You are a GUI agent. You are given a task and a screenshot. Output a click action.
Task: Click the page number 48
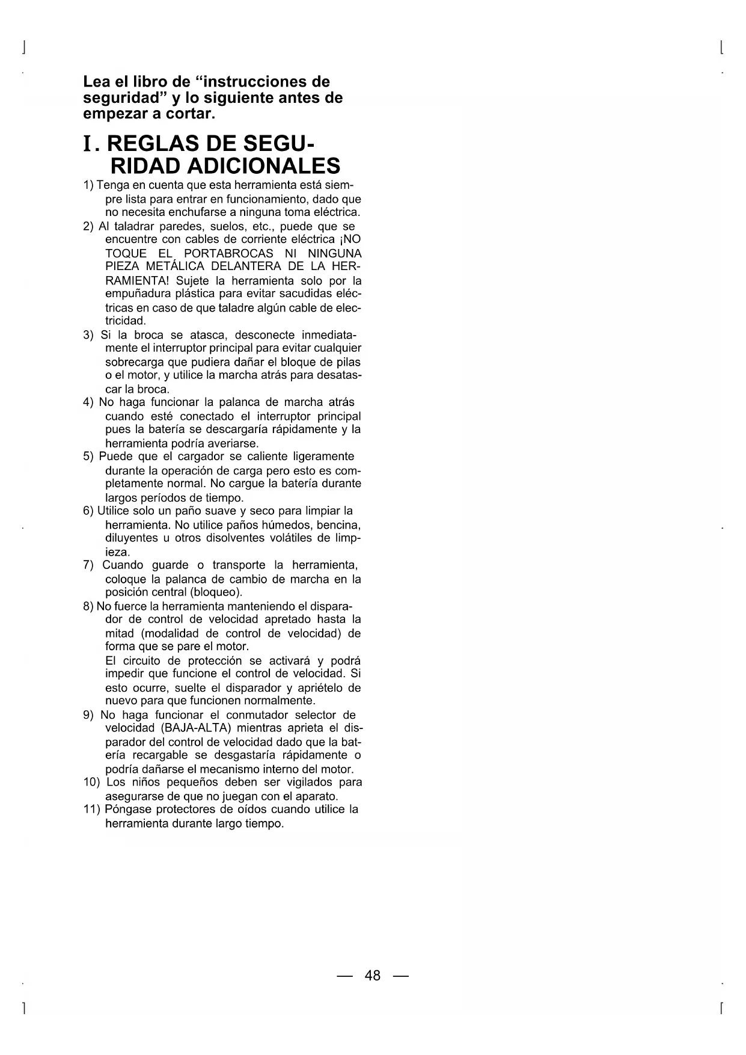click(373, 975)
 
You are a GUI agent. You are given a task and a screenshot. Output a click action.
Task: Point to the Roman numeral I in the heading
click(88, 145)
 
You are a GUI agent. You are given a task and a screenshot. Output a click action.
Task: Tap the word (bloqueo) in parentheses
click(208, 592)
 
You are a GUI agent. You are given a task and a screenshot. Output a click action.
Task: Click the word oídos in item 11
click(258, 810)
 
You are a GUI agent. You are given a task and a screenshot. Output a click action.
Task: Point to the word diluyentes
click(130, 538)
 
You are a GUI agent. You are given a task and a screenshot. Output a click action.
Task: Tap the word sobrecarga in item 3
click(135, 362)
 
